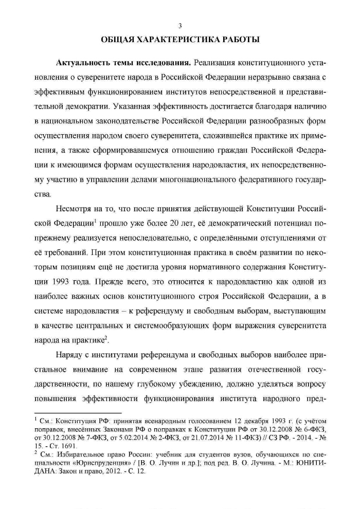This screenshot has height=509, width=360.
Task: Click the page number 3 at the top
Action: tap(180, 26)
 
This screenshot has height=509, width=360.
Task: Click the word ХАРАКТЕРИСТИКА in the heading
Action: tap(172, 39)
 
